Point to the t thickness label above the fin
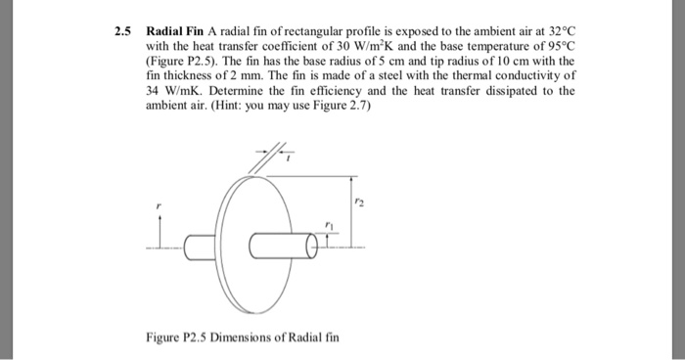pos(276,162)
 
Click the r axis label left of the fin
pos(160,207)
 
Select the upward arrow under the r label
pos(160,231)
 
